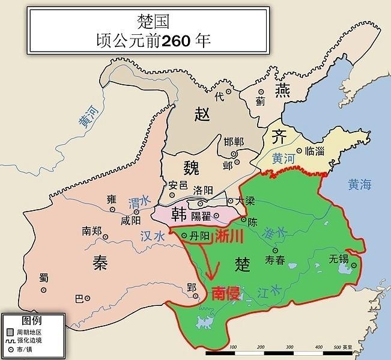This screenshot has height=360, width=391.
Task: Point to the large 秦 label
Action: pos(100,263)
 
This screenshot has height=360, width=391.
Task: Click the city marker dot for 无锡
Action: pos(354,265)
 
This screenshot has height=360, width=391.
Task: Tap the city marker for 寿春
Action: pos(276,251)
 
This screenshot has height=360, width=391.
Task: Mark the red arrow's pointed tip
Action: pos(210,281)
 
